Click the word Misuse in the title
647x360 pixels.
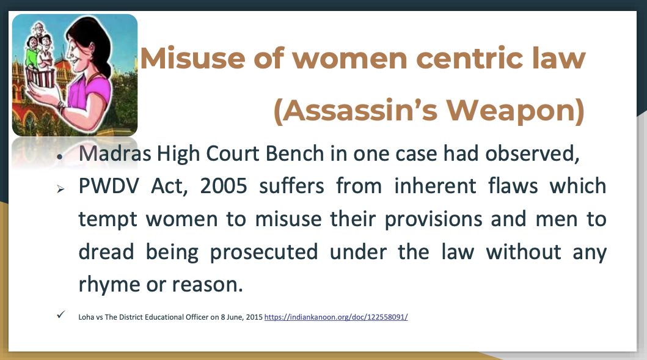click(x=192, y=58)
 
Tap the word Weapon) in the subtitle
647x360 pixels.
click(x=516, y=110)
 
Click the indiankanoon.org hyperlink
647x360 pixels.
click(x=336, y=317)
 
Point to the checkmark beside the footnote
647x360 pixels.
click(x=60, y=315)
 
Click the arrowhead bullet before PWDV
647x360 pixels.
click(x=60, y=189)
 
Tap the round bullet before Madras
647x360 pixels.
click(x=60, y=157)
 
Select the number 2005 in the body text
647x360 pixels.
click(x=224, y=186)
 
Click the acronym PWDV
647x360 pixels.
click(x=109, y=186)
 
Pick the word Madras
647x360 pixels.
click(x=115, y=153)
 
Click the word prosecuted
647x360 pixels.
click(x=264, y=252)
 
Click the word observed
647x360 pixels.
click(x=532, y=153)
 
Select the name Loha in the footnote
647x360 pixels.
click(x=86, y=317)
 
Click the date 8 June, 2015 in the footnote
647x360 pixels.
click(x=242, y=317)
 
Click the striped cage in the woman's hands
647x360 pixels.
click(x=40, y=77)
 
